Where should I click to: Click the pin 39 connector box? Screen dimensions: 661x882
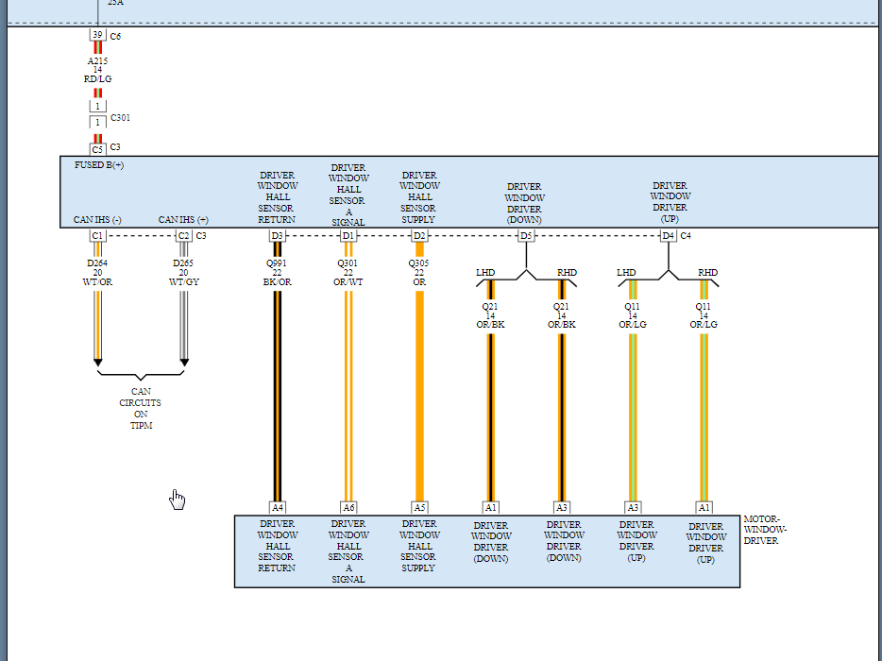97,35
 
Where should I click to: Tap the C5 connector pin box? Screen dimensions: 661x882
97,149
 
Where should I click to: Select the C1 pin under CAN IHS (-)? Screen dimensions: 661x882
97,235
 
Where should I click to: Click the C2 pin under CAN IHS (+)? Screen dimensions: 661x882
183,235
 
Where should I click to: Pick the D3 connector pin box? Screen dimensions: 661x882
277,235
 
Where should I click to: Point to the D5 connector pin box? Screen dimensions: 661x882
526,235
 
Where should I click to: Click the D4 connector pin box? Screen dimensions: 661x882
668,235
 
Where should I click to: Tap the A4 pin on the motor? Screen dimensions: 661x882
277,507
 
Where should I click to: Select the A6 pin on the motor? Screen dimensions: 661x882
348,507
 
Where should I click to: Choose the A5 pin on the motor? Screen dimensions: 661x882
419,507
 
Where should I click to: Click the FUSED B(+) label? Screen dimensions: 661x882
99,165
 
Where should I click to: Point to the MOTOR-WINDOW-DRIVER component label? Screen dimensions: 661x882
765,530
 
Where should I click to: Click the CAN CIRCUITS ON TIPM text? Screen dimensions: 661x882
141,408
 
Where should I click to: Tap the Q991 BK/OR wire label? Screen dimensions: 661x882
277,273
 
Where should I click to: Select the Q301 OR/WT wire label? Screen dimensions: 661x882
348,273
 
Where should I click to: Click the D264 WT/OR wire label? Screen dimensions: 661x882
97,273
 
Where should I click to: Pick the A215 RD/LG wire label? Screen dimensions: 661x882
97,70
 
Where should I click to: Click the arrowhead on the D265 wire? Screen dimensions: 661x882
184,363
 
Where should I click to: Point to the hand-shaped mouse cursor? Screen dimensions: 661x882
178,500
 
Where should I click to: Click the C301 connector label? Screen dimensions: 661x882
120,118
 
